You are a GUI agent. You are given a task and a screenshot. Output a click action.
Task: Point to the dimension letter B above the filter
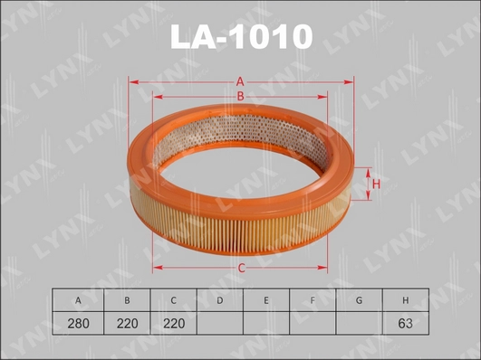tap(241, 97)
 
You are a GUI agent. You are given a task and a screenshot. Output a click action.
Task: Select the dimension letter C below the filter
tap(242, 267)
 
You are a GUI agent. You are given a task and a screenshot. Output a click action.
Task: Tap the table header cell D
tap(218, 299)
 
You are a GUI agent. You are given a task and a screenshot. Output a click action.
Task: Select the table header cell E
tap(265, 299)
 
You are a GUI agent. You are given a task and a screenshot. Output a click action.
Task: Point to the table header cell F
tap(312, 299)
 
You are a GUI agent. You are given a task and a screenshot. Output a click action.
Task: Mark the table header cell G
tap(359, 299)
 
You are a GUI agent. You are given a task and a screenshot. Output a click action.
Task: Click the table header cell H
tap(406, 299)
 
